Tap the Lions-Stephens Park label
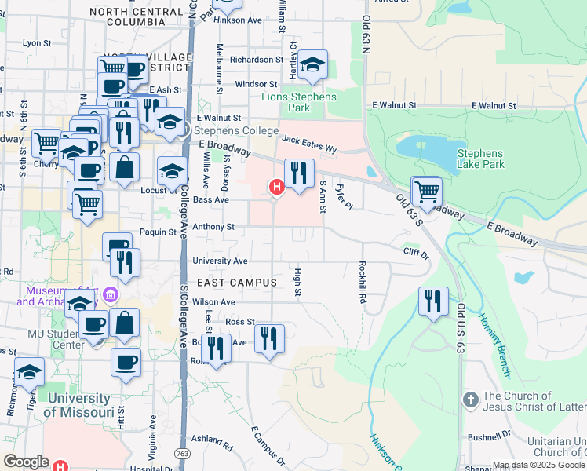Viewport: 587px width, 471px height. tap(298, 102)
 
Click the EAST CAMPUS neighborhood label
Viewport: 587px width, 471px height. tap(237, 282)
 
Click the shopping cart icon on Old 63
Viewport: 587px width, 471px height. tap(427, 191)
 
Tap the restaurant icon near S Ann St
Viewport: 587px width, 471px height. tap(299, 173)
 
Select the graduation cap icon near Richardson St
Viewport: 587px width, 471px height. tap(313, 65)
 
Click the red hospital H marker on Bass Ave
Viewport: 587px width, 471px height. tap(276, 187)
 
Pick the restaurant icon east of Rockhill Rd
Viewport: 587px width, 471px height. tap(433, 301)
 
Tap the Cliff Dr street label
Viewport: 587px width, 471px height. tap(417, 254)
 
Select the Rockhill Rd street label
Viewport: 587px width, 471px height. tap(363, 283)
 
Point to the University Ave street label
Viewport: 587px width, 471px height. tap(220, 261)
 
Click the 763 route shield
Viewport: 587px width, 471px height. tap(182, 453)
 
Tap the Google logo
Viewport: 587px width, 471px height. tap(26, 462)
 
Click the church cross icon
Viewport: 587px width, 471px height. tap(470, 400)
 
